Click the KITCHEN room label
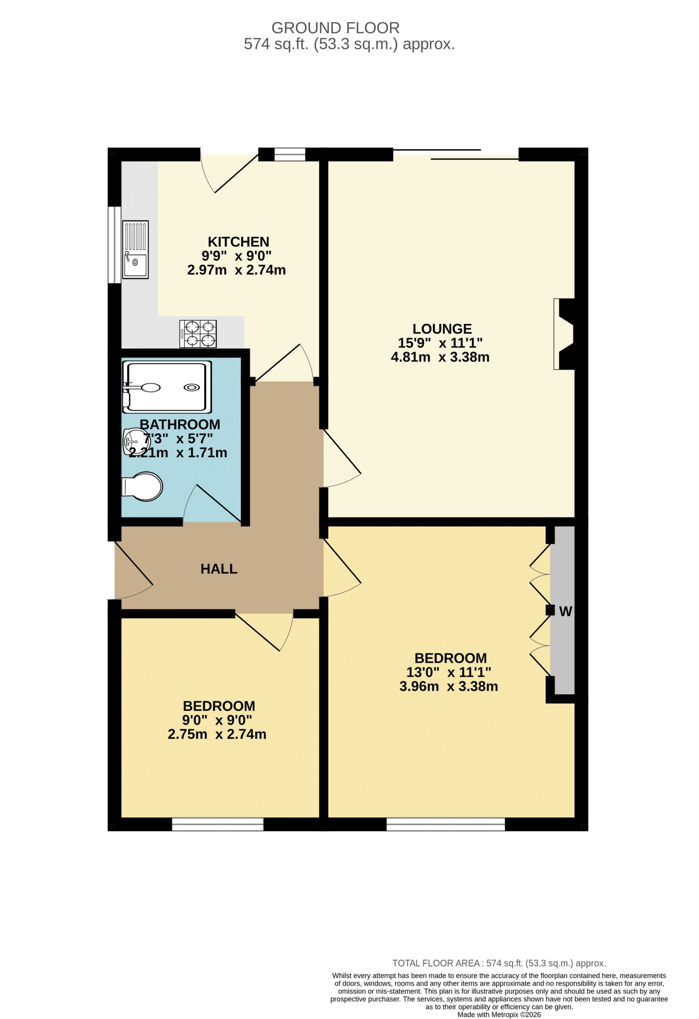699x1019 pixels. click(x=238, y=242)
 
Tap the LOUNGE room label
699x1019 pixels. click(x=442, y=329)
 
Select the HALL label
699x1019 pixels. click(x=219, y=569)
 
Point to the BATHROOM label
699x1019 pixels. click(x=180, y=424)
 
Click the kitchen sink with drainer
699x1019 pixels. click(x=135, y=250)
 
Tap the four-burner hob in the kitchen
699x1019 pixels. click(x=198, y=334)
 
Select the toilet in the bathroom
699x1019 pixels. click(x=142, y=486)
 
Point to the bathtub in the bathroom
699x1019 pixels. click(x=167, y=387)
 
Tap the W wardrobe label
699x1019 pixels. click(x=565, y=611)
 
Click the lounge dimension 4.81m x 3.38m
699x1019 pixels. click(x=440, y=357)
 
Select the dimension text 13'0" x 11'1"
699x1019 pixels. click(x=449, y=672)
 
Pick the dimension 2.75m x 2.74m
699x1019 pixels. click(x=217, y=734)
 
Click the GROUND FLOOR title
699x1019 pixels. click(x=335, y=28)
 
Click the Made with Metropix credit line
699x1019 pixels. click(x=499, y=1014)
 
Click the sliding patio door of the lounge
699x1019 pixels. click(x=456, y=154)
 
